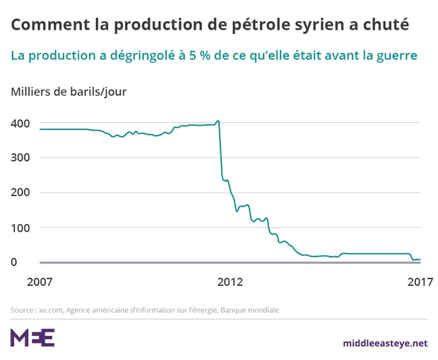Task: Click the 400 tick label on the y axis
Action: pos(20,124)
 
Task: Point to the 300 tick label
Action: pos(20,158)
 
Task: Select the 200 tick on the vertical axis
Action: pos(20,193)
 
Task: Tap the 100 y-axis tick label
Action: pos(20,228)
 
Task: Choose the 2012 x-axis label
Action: pos(230,282)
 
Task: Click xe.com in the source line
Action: pos(53,310)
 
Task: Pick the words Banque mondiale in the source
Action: pos(256,310)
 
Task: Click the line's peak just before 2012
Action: pos(218,121)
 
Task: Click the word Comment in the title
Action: pos(46,25)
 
